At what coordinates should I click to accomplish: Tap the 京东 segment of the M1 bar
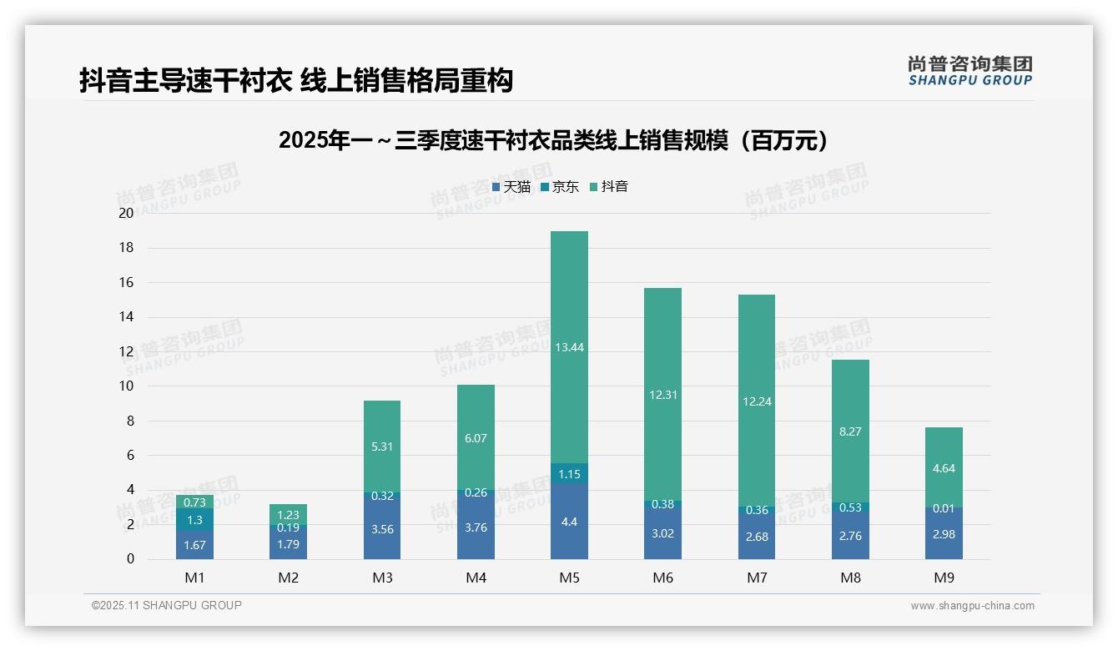pyautogui.click(x=194, y=520)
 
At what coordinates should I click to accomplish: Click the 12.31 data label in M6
pyautogui.click(x=662, y=395)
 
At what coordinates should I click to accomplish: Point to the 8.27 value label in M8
pyautogui.click(x=850, y=431)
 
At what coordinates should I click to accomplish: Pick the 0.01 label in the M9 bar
pyautogui.click(x=944, y=508)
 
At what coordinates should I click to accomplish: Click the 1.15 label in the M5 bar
pyautogui.click(x=569, y=474)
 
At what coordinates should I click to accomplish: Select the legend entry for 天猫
pyautogui.click(x=511, y=187)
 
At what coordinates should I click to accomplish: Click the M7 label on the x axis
pyautogui.click(x=756, y=578)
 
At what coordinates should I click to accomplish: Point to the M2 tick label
pyautogui.click(x=288, y=578)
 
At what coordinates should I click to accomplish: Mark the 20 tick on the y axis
pyautogui.click(x=126, y=213)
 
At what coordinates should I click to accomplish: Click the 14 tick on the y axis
pyautogui.click(x=126, y=317)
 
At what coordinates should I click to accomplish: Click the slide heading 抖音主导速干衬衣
pyautogui.click(x=296, y=80)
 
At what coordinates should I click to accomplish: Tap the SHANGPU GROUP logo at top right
pyautogui.click(x=969, y=71)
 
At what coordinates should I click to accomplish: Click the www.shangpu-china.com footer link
pyautogui.click(x=972, y=606)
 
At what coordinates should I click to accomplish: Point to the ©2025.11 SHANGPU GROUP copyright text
pyautogui.click(x=167, y=605)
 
